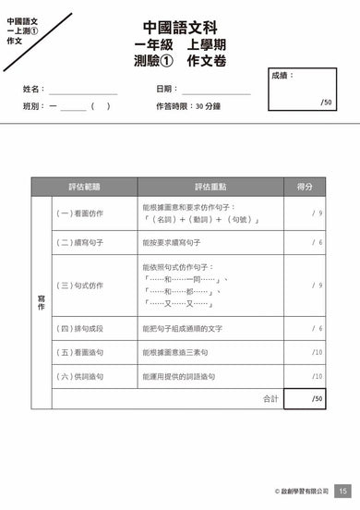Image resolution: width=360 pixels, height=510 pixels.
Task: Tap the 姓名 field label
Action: pyautogui.click(x=34, y=90)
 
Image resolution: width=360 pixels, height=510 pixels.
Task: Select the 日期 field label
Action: pyautogui.click(x=167, y=90)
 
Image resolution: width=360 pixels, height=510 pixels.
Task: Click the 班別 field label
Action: pyautogui.click(x=34, y=106)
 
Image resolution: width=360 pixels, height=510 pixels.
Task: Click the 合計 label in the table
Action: pyautogui.click(x=270, y=399)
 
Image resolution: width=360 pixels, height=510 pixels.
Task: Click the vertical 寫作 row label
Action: pyautogui.click(x=41, y=301)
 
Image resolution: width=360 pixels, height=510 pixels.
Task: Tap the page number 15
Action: pyautogui.click(x=342, y=491)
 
